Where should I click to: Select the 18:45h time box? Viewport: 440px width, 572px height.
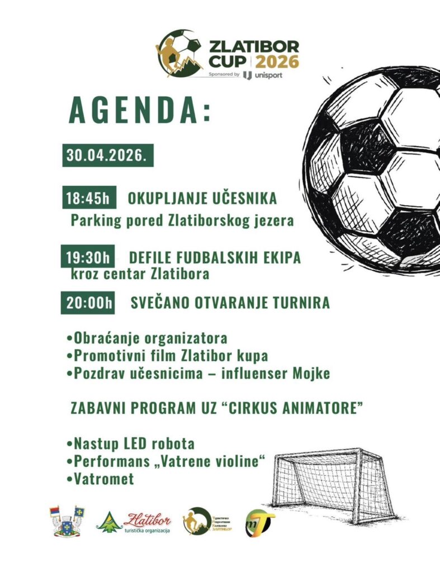pyautogui.click(x=89, y=199)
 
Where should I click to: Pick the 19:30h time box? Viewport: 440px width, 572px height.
pyautogui.click(x=89, y=258)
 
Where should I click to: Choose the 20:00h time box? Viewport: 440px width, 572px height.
pyautogui.click(x=89, y=303)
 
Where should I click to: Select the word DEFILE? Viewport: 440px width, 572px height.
pyautogui.click(x=150, y=258)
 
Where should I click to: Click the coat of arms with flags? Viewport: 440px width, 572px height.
pyautogui.click(x=68, y=521)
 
